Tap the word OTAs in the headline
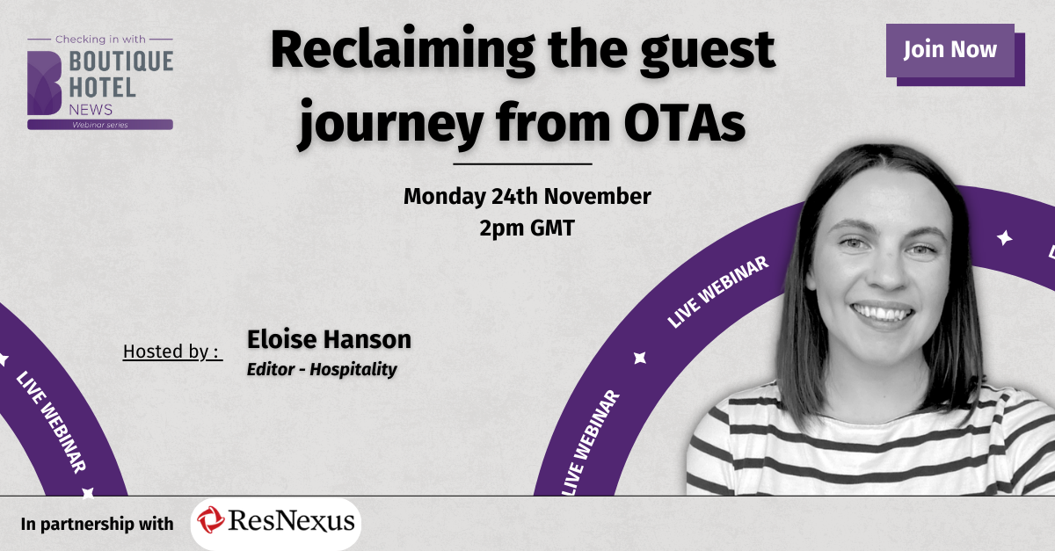(x=684, y=123)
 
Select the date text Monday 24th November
(x=527, y=196)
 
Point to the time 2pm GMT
(x=527, y=228)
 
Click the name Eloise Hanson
(x=329, y=339)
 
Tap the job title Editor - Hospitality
(x=322, y=369)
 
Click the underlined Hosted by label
(x=172, y=352)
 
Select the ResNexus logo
(x=276, y=523)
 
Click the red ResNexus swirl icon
(x=210, y=520)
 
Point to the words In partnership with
(x=97, y=524)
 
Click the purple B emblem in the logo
(x=44, y=83)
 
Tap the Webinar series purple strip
(x=100, y=125)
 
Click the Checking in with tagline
(x=100, y=40)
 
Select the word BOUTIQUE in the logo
(x=121, y=62)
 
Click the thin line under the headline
(x=522, y=163)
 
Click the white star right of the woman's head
(x=1004, y=238)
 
